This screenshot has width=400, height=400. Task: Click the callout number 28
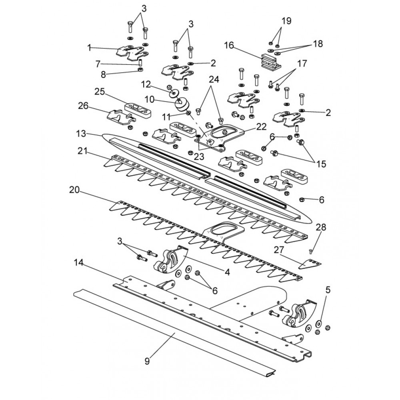[321, 227]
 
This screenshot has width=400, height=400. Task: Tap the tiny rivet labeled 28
[310, 251]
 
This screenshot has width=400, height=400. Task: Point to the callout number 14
[79, 262]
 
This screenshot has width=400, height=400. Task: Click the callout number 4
[227, 272]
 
